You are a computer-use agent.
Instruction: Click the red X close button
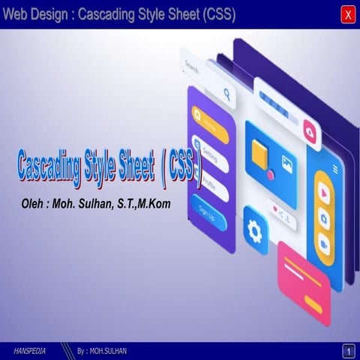coord(347,14)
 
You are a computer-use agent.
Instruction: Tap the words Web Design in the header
coord(37,14)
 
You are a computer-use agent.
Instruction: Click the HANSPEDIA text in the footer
coord(31,351)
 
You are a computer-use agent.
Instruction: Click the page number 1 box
coord(347,351)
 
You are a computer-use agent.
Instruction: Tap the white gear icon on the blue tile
coord(256,231)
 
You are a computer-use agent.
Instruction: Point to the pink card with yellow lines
coord(304,282)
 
